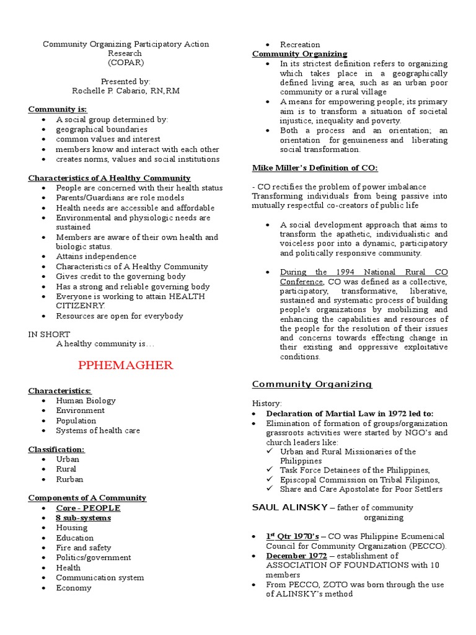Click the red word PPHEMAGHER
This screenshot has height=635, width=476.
pos(126,365)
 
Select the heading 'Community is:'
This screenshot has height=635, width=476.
pos(58,109)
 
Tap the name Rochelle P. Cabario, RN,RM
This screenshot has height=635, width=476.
pos(125,91)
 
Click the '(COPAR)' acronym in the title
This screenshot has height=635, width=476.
pos(125,63)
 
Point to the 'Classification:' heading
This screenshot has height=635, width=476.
pos(56,449)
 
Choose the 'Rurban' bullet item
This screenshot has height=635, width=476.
pos(69,479)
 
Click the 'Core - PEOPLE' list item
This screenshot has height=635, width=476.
pos(88,508)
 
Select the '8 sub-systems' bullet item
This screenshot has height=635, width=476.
pos(84,518)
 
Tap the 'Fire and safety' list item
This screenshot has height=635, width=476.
pos(84,548)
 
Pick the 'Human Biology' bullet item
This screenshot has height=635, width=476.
pos(86,401)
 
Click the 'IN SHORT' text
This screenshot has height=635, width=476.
pos(49,334)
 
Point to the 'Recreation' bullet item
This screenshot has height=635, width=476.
pos(300,45)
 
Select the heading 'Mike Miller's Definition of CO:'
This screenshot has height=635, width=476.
pos(315,168)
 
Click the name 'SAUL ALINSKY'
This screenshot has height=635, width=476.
pos(289,507)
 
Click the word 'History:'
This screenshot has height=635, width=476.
pos(267,403)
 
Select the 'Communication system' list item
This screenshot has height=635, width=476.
pos(100,577)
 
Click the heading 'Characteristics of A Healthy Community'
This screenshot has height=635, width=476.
pos(109,178)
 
